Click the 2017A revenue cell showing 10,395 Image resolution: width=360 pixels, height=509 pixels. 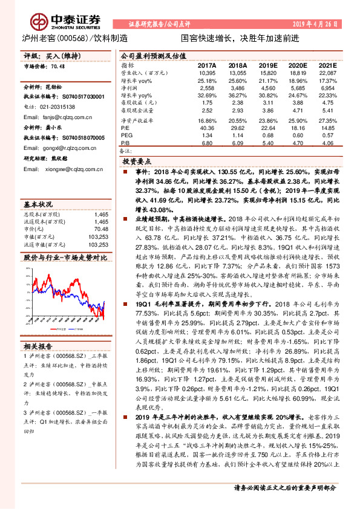[206, 73]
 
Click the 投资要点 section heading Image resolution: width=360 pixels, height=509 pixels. [138, 162]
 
